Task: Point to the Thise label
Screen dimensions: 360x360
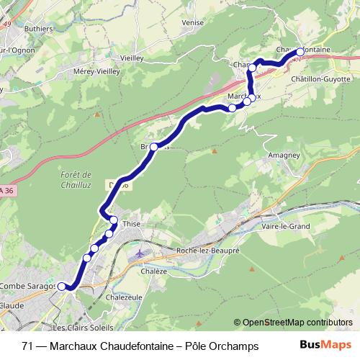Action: tap(132, 224)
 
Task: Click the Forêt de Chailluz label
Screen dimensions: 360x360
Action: tap(74, 179)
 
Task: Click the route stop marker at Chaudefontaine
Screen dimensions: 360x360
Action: tap(300, 53)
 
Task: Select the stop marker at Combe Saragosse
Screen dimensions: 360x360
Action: tap(62, 286)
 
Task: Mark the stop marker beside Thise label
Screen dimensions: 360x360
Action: tap(114, 220)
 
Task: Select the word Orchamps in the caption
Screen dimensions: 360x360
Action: tap(233, 346)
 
